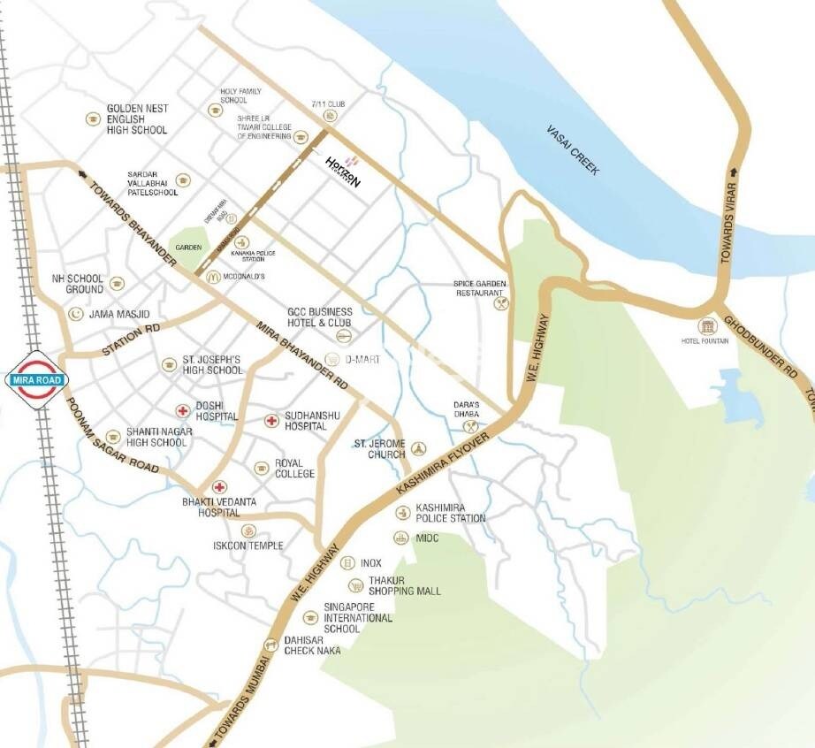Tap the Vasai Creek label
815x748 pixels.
click(x=571, y=150)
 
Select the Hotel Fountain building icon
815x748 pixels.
click(x=707, y=326)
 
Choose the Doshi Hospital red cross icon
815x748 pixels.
click(x=182, y=409)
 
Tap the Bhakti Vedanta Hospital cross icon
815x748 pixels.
click(x=218, y=486)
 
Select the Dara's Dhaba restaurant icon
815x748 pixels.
click(x=469, y=425)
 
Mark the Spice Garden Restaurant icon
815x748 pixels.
click(x=501, y=302)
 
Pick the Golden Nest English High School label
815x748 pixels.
click(x=137, y=118)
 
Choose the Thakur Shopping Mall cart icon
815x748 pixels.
click(x=355, y=584)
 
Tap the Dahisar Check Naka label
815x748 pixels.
click(x=312, y=645)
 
